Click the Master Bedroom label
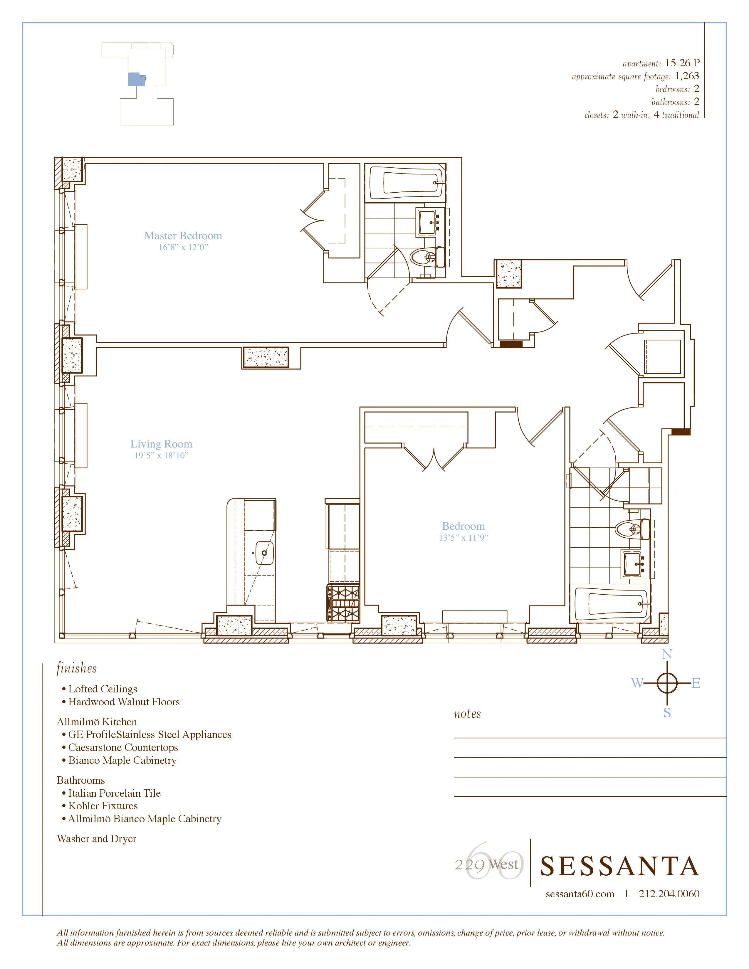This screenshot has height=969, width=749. click(x=183, y=235)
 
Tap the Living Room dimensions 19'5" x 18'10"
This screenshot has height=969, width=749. click(x=162, y=455)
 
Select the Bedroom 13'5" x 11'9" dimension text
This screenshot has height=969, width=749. click(x=463, y=537)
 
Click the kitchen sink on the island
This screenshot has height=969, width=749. click(x=264, y=553)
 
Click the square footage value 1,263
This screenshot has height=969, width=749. click(x=687, y=76)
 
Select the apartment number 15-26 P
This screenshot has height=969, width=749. click(x=682, y=63)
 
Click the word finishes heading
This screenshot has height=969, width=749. click(x=76, y=668)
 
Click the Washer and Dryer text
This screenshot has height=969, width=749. click(x=96, y=839)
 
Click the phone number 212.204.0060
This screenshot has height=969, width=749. click(x=669, y=894)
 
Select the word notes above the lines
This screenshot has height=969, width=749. click(x=467, y=714)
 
